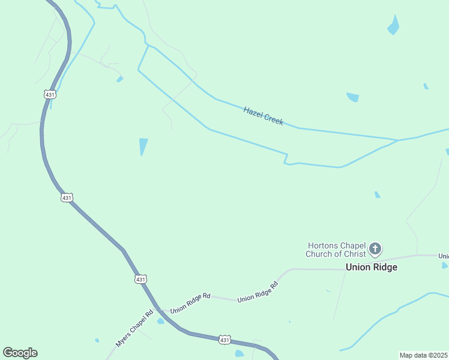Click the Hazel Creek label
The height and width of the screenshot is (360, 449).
(263, 116)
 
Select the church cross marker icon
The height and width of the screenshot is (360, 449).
(375, 248)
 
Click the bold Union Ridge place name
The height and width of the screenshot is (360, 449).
(371, 267)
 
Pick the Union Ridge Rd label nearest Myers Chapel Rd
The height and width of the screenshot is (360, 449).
(190, 304)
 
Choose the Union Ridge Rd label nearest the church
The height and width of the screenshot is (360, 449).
(258, 292)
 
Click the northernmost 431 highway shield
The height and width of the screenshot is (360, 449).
(50, 94)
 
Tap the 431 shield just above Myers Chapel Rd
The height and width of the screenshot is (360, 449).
(140, 279)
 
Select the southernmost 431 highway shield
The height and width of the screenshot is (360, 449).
(224, 340)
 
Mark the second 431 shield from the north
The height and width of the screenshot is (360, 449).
(67, 197)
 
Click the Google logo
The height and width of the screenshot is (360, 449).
(20, 352)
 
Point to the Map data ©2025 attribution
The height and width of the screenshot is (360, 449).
(423, 355)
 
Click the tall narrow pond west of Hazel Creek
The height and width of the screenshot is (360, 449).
(143, 146)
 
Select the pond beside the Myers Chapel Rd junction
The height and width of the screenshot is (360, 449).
(161, 321)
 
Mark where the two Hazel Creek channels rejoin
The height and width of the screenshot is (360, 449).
(397, 140)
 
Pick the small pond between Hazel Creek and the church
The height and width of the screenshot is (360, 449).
(377, 194)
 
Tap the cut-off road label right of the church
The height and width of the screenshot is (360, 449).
(444, 256)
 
